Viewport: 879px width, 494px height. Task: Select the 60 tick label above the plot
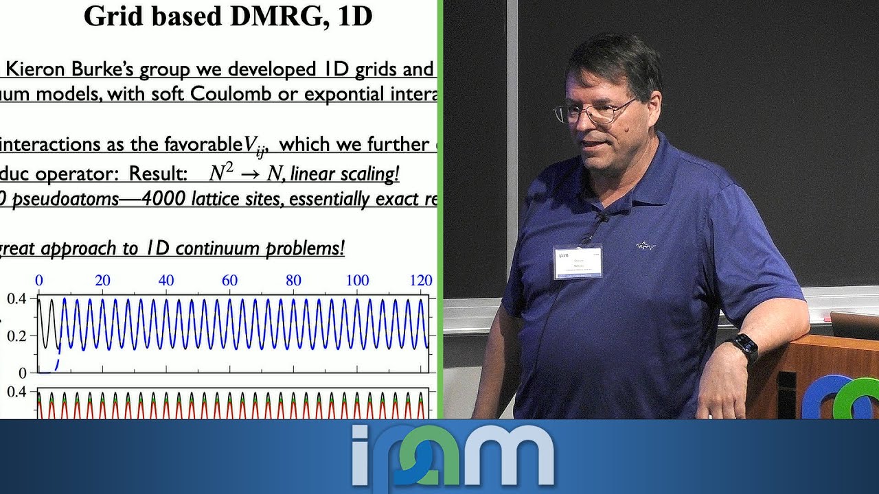pyautogui.click(x=229, y=280)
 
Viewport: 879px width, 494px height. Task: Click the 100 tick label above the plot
pyautogui.click(x=357, y=280)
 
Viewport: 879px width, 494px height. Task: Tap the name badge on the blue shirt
pyautogui.click(x=578, y=262)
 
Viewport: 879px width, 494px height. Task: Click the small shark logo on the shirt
pyautogui.click(x=645, y=246)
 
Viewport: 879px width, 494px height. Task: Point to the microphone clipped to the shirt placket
pyautogui.click(x=602, y=218)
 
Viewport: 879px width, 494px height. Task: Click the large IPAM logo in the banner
pyautogui.click(x=453, y=454)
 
